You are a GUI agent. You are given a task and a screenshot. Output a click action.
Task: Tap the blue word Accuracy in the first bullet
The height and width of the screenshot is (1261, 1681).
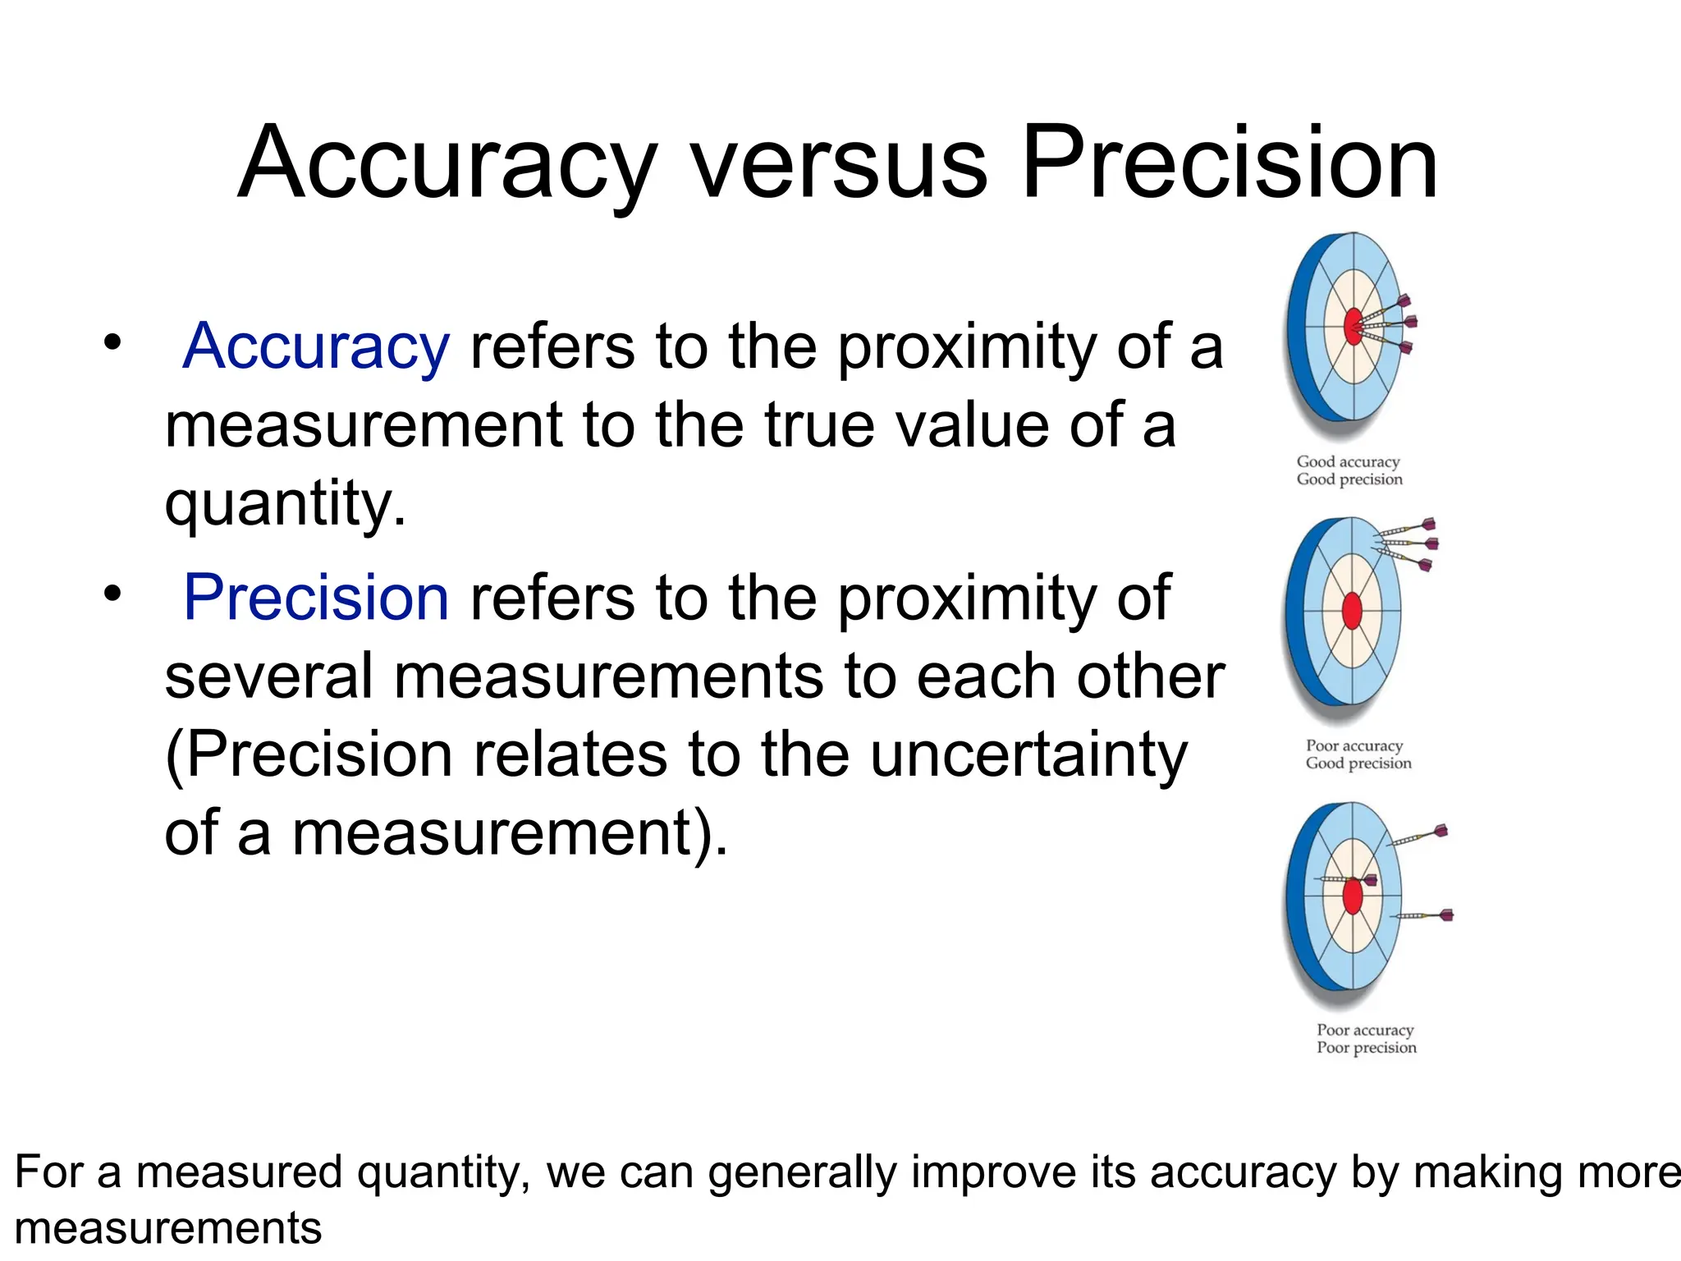point(316,346)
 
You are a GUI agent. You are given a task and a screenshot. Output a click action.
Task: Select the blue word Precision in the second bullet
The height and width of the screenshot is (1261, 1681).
point(316,598)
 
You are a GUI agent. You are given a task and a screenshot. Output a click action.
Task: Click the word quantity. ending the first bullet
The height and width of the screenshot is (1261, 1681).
point(285,504)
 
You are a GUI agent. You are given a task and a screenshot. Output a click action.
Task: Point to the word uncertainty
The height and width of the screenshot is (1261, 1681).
point(1028,755)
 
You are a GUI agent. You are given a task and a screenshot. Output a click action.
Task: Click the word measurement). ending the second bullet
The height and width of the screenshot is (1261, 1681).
point(510,832)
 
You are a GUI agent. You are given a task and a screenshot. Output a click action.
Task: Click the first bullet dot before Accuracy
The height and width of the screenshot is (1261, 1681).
point(112,341)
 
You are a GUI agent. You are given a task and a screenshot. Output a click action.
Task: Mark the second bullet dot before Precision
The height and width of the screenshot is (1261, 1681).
point(112,592)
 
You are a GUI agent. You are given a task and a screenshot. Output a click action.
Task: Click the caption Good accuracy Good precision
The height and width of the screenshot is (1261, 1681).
point(1349,470)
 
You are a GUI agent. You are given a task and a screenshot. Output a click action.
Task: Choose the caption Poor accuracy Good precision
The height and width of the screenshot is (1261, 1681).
point(1358,754)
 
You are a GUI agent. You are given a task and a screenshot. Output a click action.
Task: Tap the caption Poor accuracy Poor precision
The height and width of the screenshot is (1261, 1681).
point(1367,1039)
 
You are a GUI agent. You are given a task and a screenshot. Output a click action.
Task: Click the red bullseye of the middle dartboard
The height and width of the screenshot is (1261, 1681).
point(1351,612)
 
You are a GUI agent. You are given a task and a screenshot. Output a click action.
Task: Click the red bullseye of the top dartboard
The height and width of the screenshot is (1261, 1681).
point(1353,327)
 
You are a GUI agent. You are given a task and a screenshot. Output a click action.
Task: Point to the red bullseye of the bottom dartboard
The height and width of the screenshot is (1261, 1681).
point(1353,896)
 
